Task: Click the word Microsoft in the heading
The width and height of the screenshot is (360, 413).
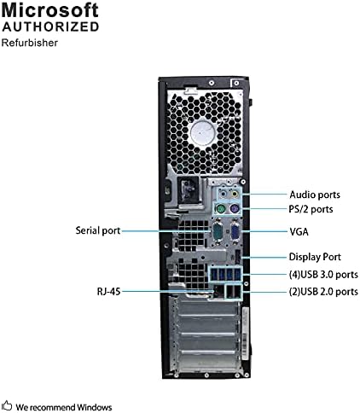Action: point(50,9)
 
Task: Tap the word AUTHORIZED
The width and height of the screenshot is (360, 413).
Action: point(50,26)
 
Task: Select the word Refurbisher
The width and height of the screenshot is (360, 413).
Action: point(30,43)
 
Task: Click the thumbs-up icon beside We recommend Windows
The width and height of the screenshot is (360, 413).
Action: point(7,405)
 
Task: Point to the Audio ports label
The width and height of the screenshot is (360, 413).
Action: point(315,195)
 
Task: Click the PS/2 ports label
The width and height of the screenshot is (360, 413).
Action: point(311,209)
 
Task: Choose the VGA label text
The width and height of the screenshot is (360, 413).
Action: point(299,231)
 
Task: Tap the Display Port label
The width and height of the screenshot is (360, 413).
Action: point(315,257)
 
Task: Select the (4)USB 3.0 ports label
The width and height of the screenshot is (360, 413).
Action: point(323,275)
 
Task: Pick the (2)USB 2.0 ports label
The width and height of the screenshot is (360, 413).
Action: point(323,292)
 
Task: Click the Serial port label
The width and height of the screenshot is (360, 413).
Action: point(98,230)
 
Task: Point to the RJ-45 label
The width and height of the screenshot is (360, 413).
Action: point(108,292)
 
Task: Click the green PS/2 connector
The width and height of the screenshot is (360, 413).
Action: point(220,210)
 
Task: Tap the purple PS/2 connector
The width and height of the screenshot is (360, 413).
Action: point(234,210)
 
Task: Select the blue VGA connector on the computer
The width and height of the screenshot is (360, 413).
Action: point(235,232)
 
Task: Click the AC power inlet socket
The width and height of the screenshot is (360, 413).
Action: point(189,189)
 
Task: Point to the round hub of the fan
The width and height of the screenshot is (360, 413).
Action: point(202,133)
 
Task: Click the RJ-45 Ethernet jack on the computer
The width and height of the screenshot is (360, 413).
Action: point(218,291)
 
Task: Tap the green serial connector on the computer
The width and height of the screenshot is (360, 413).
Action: point(218,232)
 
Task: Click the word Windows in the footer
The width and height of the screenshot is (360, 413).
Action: point(94,407)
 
